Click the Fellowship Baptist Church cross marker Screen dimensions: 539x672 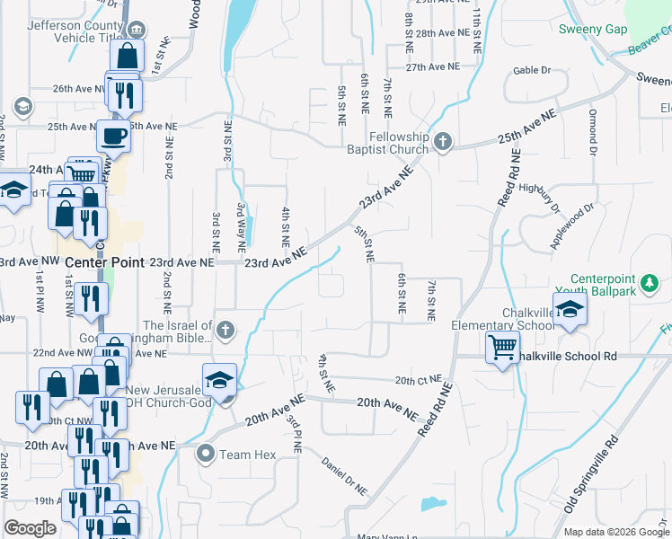442,142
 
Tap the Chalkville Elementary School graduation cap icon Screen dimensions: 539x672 569,311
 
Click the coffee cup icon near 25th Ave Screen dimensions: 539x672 113,136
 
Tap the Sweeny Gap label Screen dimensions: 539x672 593,29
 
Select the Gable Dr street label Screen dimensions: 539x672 532,70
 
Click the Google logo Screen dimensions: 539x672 31,528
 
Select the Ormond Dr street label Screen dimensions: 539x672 593,129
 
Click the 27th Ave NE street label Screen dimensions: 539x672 432,66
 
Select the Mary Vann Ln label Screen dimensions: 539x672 387,537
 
